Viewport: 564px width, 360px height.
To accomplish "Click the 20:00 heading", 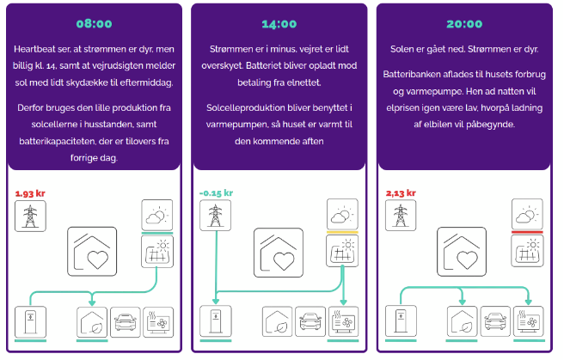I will coord(463,23).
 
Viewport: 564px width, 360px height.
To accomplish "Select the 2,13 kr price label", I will coord(400,193).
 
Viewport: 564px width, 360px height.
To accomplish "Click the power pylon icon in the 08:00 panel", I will coord(30,216).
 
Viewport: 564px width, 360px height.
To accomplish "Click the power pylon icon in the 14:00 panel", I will coord(214,216).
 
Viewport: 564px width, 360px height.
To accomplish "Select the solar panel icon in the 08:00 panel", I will coord(157,252).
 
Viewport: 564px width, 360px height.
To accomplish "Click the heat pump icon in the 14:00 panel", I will coord(343,322).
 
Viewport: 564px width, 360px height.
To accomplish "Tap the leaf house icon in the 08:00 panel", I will coord(92,322).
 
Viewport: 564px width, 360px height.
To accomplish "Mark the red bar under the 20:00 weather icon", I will coord(527,231).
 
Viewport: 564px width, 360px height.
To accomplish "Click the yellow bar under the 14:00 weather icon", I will coord(342,231).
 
